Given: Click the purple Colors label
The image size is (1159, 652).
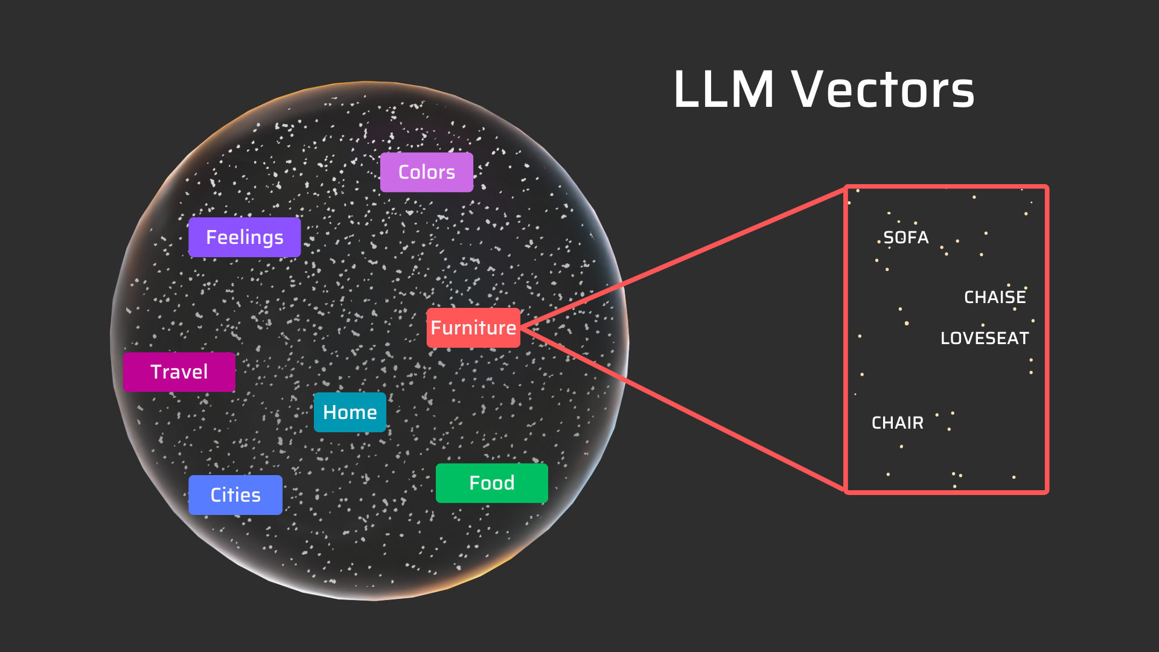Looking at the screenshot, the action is click(x=426, y=172).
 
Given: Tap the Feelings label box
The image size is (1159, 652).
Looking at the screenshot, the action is click(x=244, y=237).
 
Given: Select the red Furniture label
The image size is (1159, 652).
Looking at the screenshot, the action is click(x=473, y=328).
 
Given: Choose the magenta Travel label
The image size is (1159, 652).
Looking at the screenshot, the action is click(x=179, y=372).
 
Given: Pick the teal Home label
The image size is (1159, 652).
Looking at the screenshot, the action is click(x=350, y=412).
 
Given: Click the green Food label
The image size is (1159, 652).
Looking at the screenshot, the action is click(x=491, y=483).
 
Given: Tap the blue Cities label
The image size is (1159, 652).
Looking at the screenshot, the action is click(x=235, y=495).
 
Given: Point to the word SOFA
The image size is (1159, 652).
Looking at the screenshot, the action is click(x=905, y=237).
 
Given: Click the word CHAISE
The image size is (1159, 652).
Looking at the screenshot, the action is click(x=995, y=297).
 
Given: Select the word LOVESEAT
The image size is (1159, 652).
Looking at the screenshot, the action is click(x=985, y=338).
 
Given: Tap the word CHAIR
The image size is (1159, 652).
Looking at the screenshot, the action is click(x=897, y=423).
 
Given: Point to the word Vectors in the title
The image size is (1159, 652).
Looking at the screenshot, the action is click(x=883, y=90).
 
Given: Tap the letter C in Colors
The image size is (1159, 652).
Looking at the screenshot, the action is click(x=404, y=172).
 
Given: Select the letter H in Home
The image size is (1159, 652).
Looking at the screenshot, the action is click(x=330, y=412).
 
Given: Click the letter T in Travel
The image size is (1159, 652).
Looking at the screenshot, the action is click(x=156, y=372).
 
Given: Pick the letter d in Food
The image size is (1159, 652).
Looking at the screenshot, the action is click(x=509, y=483).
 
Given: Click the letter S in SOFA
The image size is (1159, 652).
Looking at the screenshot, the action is click(x=888, y=237).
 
